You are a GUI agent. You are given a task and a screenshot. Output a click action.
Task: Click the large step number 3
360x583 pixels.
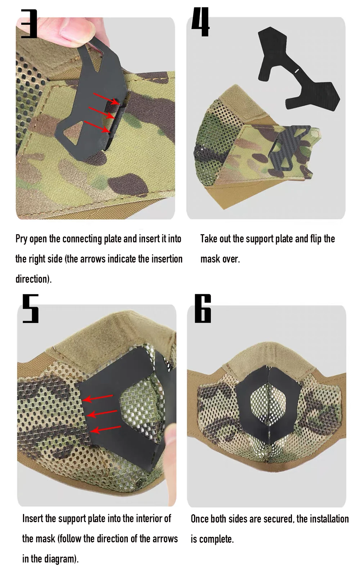click(29, 24)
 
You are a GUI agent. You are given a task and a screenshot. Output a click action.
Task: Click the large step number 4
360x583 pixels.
click(200, 22)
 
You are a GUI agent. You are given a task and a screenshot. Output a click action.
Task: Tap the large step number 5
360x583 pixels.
click(31, 309)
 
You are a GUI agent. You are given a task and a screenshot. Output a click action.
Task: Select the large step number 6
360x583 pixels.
click(203, 309)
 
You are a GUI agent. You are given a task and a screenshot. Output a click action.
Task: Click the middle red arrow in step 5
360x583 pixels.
click(102, 413)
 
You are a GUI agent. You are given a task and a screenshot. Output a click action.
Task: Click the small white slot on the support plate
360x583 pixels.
click(297, 71)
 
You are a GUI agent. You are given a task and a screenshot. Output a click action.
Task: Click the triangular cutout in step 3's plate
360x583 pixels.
click(73, 132)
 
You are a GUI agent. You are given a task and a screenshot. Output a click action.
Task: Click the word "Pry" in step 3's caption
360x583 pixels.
click(21, 239)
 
